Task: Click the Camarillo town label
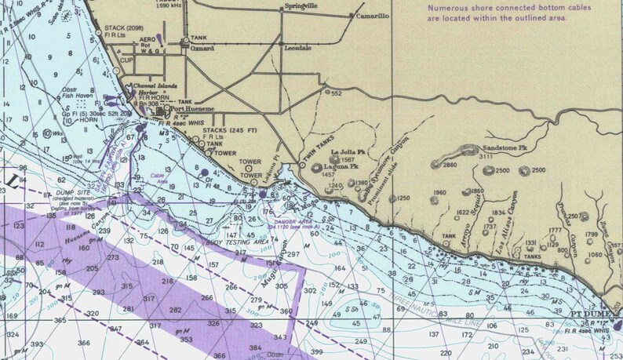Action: pyautogui.click(x=373, y=15)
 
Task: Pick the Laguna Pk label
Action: pyautogui.click(x=344, y=166)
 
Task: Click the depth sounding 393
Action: pyautogui.click(x=36, y=344)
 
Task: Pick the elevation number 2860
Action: pyautogui.click(x=450, y=165)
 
